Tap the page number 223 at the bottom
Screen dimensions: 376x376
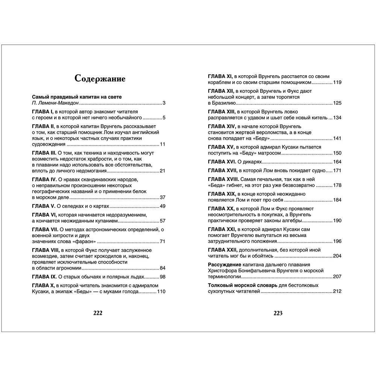click(277, 313)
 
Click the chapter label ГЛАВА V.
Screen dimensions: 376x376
click(42, 206)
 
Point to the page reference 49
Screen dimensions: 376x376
click(163, 206)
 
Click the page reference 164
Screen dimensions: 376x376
click(337, 162)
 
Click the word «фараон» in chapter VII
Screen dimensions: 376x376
click(85, 241)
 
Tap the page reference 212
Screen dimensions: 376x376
click(337, 291)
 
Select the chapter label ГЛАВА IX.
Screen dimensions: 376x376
click(44, 277)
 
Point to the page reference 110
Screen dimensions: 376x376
click(161, 292)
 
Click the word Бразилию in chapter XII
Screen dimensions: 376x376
click(224, 103)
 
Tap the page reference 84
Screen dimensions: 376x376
click(163, 268)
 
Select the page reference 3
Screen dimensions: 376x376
click(164, 103)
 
